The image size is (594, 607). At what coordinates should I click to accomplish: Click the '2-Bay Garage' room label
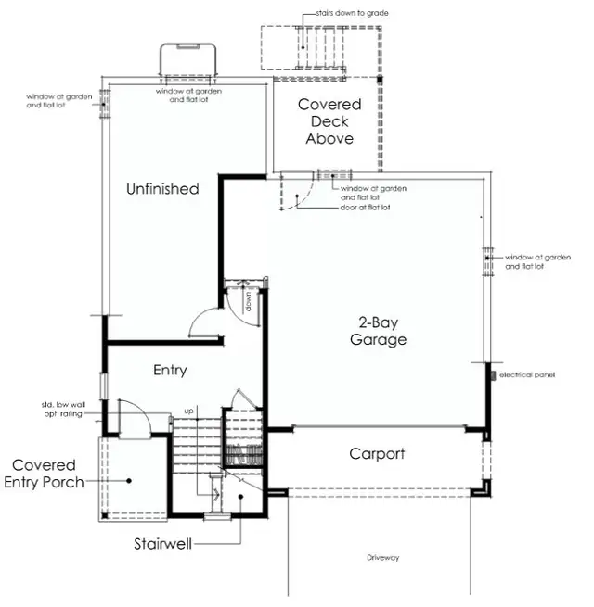pyautogui.click(x=383, y=332)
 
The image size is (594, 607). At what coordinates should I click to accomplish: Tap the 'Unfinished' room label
pyautogui.click(x=162, y=189)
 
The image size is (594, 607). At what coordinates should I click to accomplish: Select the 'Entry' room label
pyautogui.click(x=170, y=370)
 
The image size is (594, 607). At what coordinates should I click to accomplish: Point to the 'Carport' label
pyautogui.click(x=377, y=453)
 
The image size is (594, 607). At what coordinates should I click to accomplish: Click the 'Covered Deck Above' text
pyautogui.click(x=329, y=121)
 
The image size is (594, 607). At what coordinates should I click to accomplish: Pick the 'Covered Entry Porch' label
pyautogui.click(x=44, y=473)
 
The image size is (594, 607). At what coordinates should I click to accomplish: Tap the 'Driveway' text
pyautogui.click(x=382, y=557)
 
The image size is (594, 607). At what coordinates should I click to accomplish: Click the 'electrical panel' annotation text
pyautogui.click(x=527, y=375)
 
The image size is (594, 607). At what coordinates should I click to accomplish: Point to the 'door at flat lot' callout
pyautogui.click(x=366, y=207)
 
